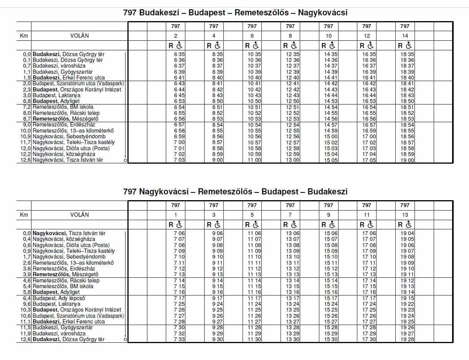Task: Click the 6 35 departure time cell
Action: click(x=179, y=55)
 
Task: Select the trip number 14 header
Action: click(x=405, y=36)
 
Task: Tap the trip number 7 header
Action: click(x=290, y=215)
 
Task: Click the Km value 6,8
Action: click(x=26, y=101)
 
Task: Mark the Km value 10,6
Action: click(x=26, y=316)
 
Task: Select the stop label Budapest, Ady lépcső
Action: click(x=59, y=298)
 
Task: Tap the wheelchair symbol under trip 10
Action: click(x=333, y=45)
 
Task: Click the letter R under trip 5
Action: click(x=248, y=225)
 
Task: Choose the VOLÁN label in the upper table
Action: click(x=79, y=36)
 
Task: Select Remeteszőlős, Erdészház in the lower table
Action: click(x=64, y=269)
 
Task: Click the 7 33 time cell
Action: click(x=179, y=340)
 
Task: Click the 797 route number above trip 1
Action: click(x=175, y=205)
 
